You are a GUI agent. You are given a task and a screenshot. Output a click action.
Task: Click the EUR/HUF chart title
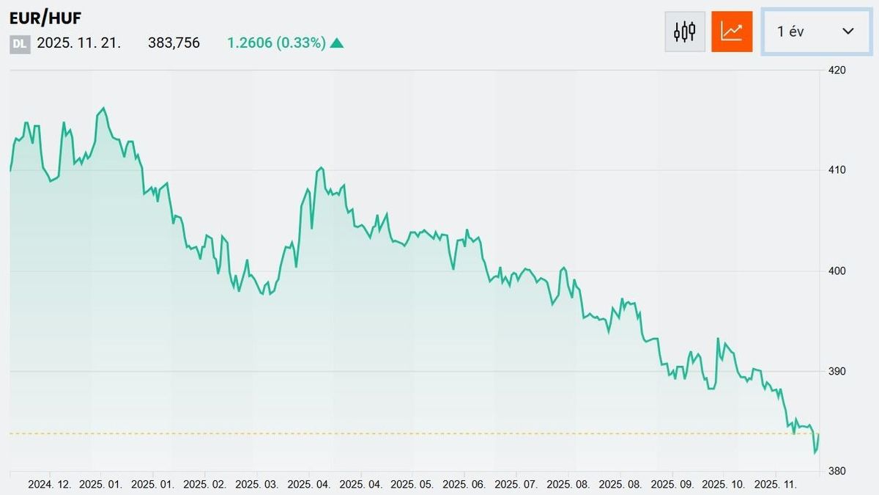(x=45, y=18)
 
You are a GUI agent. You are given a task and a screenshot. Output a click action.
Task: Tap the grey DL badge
(x=20, y=43)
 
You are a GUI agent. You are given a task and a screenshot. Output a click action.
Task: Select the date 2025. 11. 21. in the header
(x=78, y=43)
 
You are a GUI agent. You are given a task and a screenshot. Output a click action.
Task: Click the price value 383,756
(x=174, y=43)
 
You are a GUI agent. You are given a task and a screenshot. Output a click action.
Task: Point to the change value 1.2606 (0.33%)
(x=276, y=43)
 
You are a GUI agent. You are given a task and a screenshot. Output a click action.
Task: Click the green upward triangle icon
(x=337, y=43)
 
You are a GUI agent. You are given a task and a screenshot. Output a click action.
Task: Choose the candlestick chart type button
(x=684, y=32)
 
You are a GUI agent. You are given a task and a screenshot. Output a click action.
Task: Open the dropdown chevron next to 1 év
(x=848, y=31)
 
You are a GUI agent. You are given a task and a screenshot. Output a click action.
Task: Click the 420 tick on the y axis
(x=837, y=70)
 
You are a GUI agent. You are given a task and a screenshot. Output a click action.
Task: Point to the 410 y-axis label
(x=837, y=170)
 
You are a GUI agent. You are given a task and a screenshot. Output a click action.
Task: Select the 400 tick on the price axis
(x=837, y=271)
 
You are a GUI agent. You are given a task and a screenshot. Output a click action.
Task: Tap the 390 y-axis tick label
(x=837, y=372)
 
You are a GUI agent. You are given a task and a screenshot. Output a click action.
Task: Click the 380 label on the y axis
(x=837, y=472)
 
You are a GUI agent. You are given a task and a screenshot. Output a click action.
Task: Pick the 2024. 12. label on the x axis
(x=50, y=485)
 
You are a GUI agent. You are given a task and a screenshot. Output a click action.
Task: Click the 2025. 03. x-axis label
(x=258, y=485)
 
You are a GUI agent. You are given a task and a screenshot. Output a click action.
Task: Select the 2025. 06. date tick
(x=465, y=485)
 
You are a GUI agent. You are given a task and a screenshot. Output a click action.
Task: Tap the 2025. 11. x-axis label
(x=776, y=485)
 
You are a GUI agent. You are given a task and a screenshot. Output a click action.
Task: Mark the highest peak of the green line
(x=103, y=109)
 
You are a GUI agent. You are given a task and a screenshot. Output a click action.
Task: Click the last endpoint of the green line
(x=818, y=434)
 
